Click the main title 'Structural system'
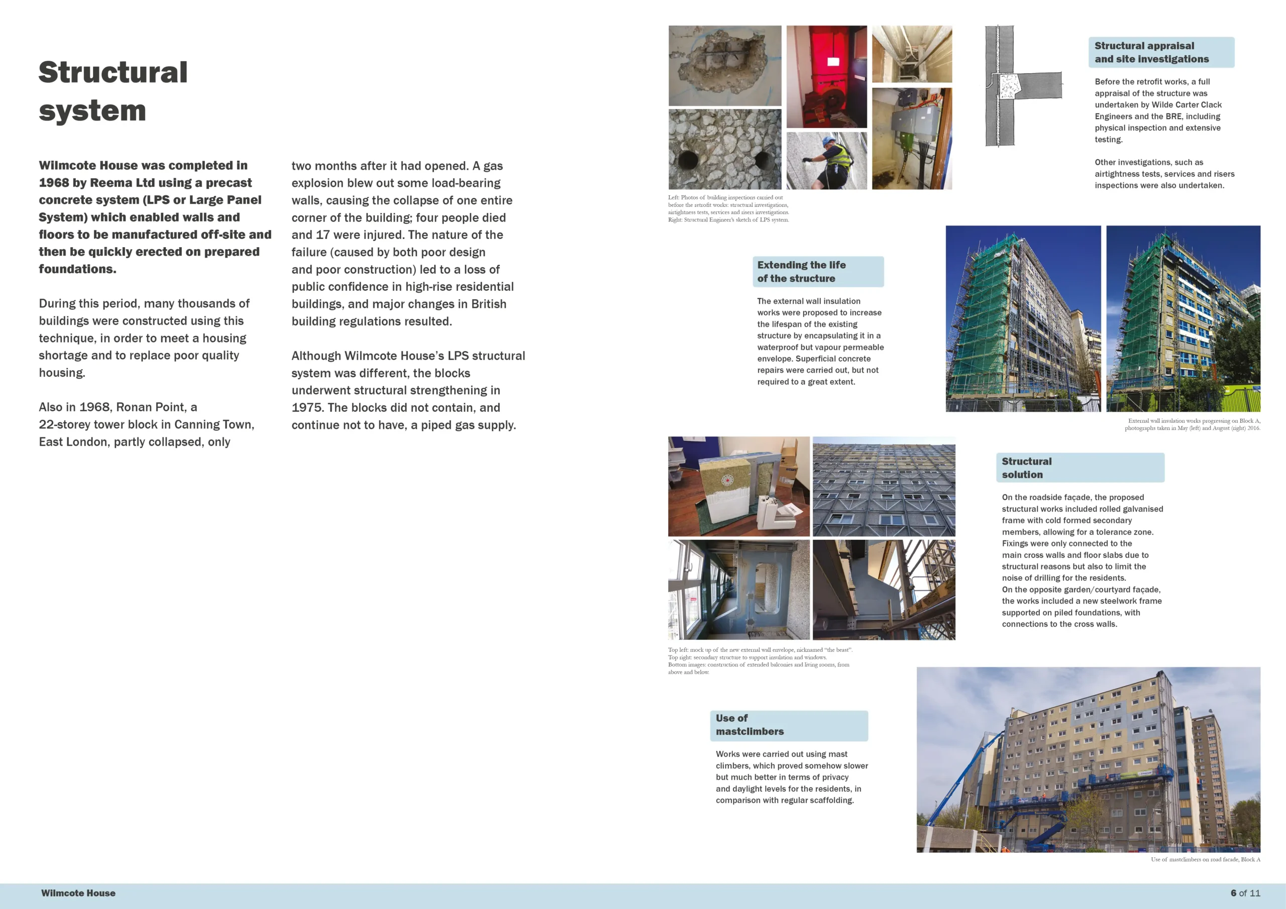pos(113,91)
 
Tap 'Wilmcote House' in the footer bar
pos(78,893)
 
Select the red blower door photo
pos(826,77)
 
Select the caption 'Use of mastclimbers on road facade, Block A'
pos(1205,859)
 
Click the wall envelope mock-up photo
pos(738,486)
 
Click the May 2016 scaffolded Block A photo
pos(1023,319)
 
